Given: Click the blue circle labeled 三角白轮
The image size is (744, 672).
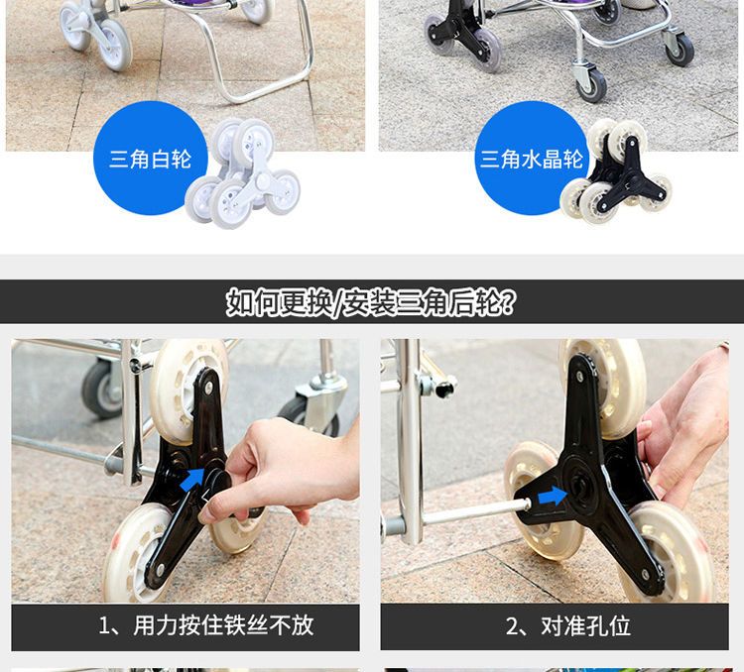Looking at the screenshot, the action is point(150,158).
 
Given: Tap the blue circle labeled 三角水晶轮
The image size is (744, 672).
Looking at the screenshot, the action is point(532,158).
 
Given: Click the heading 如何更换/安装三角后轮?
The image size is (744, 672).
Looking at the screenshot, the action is point(371,302).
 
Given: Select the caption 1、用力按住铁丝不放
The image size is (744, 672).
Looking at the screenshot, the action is point(205,625).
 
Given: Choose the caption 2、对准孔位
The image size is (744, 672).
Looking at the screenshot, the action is point(568,626).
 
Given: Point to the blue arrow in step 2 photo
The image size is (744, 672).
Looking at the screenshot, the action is point(552,497).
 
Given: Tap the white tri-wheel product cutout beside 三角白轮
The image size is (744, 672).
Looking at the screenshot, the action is point(242,173).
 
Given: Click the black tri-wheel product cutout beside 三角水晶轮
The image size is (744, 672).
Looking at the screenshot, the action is point(616,171).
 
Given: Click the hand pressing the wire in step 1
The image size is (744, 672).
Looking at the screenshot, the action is point(280,474).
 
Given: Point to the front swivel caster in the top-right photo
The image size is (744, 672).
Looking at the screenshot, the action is point(591,82).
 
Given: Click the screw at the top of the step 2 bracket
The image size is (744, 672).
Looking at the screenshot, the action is point(579,377).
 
